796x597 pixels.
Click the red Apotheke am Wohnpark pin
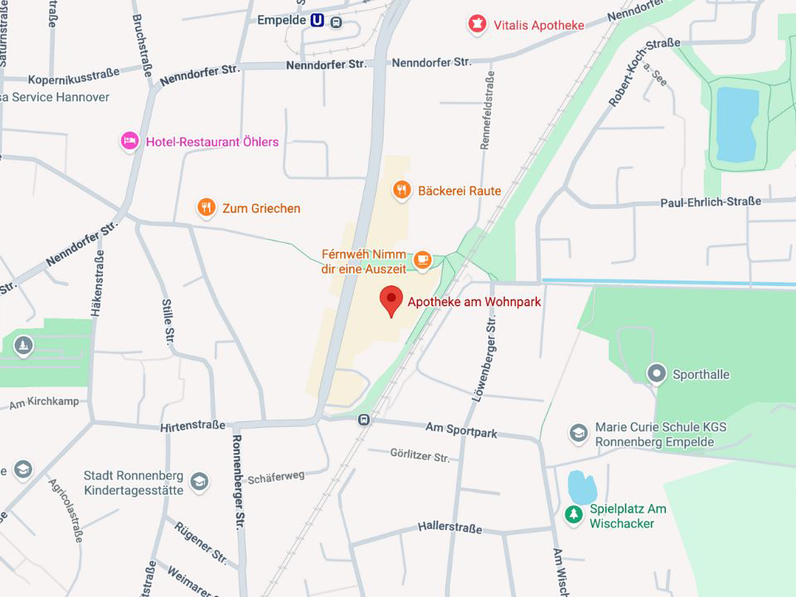[391, 300]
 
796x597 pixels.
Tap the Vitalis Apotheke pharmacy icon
[476, 25]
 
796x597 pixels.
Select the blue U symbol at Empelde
[317, 21]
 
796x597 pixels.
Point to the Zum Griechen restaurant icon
[206, 208]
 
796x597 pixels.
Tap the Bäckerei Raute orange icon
[401, 191]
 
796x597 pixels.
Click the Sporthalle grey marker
[657, 374]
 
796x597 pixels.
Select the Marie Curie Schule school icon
[579, 434]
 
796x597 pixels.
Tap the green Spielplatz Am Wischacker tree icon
[573, 515]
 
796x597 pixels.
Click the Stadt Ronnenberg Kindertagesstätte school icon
[199, 482]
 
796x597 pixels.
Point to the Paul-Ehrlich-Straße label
[711, 202]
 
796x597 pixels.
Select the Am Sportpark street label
[461, 430]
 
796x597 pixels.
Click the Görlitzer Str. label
[420, 455]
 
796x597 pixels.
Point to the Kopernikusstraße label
[73, 78]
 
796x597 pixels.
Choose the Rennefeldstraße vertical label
[488, 110]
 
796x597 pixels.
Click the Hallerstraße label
[449, 526]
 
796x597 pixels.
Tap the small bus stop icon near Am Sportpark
[364, 420]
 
